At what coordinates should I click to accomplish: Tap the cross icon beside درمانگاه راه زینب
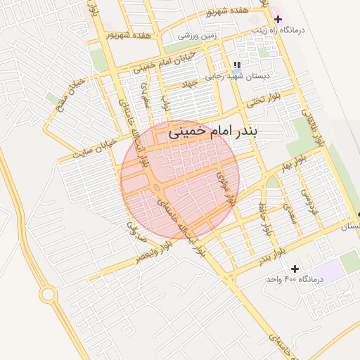click(x=278, y=19)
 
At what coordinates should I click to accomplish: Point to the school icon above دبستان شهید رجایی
click(x=227, y=65)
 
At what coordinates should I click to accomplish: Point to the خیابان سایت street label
click(x=94, y=146)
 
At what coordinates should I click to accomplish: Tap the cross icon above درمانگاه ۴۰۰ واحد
click(x=295, y=268)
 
